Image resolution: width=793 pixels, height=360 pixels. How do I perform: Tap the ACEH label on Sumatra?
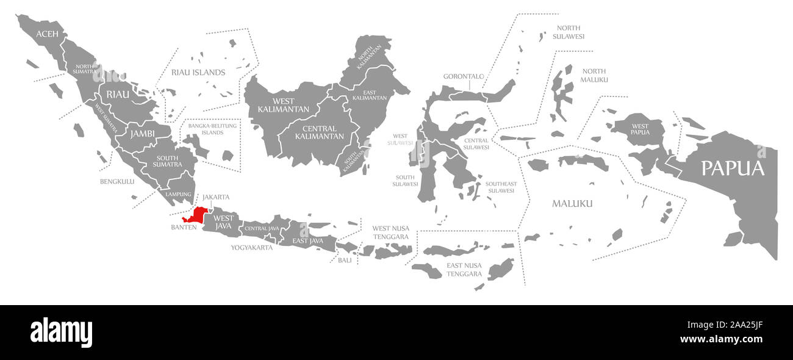47,34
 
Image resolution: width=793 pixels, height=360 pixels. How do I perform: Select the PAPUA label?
732,168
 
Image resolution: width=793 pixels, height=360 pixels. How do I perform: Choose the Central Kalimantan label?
319,132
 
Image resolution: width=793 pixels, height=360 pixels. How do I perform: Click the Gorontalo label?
464,76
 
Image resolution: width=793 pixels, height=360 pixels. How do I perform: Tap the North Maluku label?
594,75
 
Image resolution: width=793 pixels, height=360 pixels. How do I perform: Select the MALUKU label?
572,203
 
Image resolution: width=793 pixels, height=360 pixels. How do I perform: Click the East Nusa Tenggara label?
464,269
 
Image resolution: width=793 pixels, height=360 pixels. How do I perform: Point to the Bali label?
345,260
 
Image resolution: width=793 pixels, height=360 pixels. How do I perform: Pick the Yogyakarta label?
251,248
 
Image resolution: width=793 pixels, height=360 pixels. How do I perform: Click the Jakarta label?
216,197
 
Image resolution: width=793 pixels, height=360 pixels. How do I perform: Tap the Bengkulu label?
117,181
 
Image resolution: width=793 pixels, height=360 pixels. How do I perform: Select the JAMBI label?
141,133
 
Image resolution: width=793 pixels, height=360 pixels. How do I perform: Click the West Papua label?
640,129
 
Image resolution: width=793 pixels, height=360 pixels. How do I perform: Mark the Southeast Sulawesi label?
501,187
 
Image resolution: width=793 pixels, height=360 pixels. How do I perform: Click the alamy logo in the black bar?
61,333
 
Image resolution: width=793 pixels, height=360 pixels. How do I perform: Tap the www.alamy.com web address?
721,339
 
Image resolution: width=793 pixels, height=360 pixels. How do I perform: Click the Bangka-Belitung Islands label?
213,129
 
